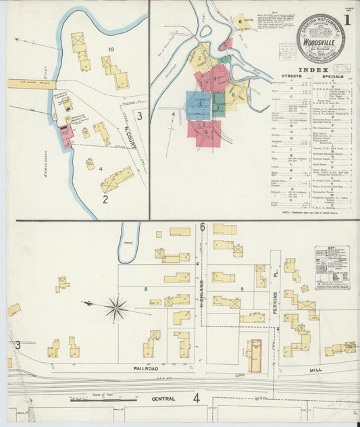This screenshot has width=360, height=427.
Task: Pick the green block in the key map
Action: pyautogui.click(x=219, y=103)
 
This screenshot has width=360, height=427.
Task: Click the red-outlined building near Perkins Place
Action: pyautogui.click(x=255, y=355)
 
